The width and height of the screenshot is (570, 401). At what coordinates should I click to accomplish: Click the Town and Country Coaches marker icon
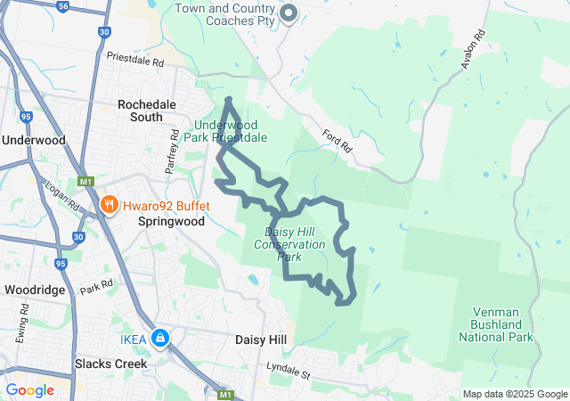point(288,12)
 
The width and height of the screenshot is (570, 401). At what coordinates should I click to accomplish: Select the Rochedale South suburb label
point(146,111)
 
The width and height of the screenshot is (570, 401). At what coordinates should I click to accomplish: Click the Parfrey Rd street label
point(174,148)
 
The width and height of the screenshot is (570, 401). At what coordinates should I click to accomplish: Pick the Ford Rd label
point(338,141)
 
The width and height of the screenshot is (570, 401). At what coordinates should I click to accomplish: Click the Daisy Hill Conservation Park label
point(289,243)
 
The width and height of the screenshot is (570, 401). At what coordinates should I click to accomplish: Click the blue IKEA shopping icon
point(160,338)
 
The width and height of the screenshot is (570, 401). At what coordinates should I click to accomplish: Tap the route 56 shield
point(62,5)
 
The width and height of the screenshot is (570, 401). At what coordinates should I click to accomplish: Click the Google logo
point(30,389)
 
